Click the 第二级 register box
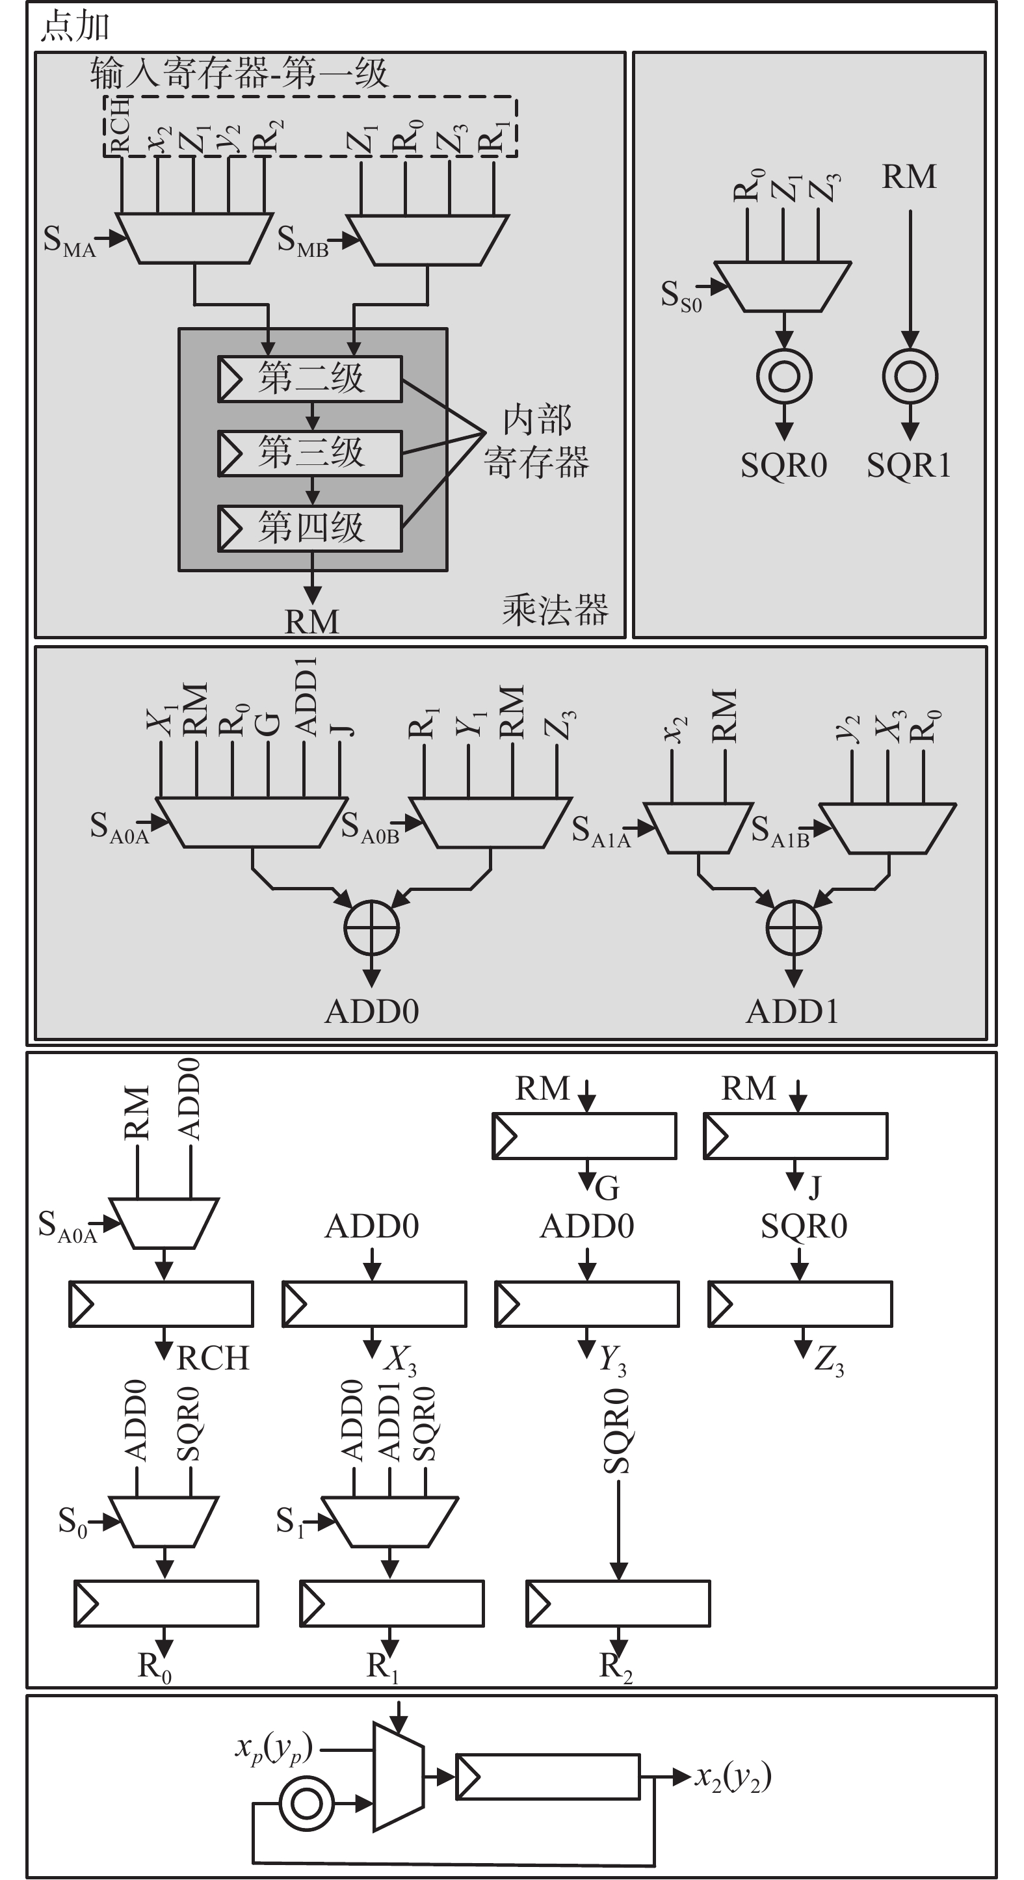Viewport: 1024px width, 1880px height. click(310, 378)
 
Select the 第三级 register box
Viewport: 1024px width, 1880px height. click(310, 453)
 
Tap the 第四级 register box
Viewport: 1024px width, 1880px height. click(310, 527)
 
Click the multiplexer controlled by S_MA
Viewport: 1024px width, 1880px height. click(194, 238)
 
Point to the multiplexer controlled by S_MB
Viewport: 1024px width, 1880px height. click(427, 239)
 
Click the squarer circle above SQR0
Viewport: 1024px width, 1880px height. click(784, 377)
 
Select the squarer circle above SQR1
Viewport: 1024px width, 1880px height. click(910, 377)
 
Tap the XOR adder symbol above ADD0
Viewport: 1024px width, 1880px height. click(371, 929)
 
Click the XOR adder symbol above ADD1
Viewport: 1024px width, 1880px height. click(794, 929)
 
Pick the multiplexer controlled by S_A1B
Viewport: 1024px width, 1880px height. click(887, 829)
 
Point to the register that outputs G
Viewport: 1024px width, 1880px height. click(584, 1135)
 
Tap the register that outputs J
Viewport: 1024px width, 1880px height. click(796, 1135)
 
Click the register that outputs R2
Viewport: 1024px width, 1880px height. click(618, 1604)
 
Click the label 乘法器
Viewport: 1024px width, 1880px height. click(555, 610)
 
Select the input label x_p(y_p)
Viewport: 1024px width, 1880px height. click(274, 1749)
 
